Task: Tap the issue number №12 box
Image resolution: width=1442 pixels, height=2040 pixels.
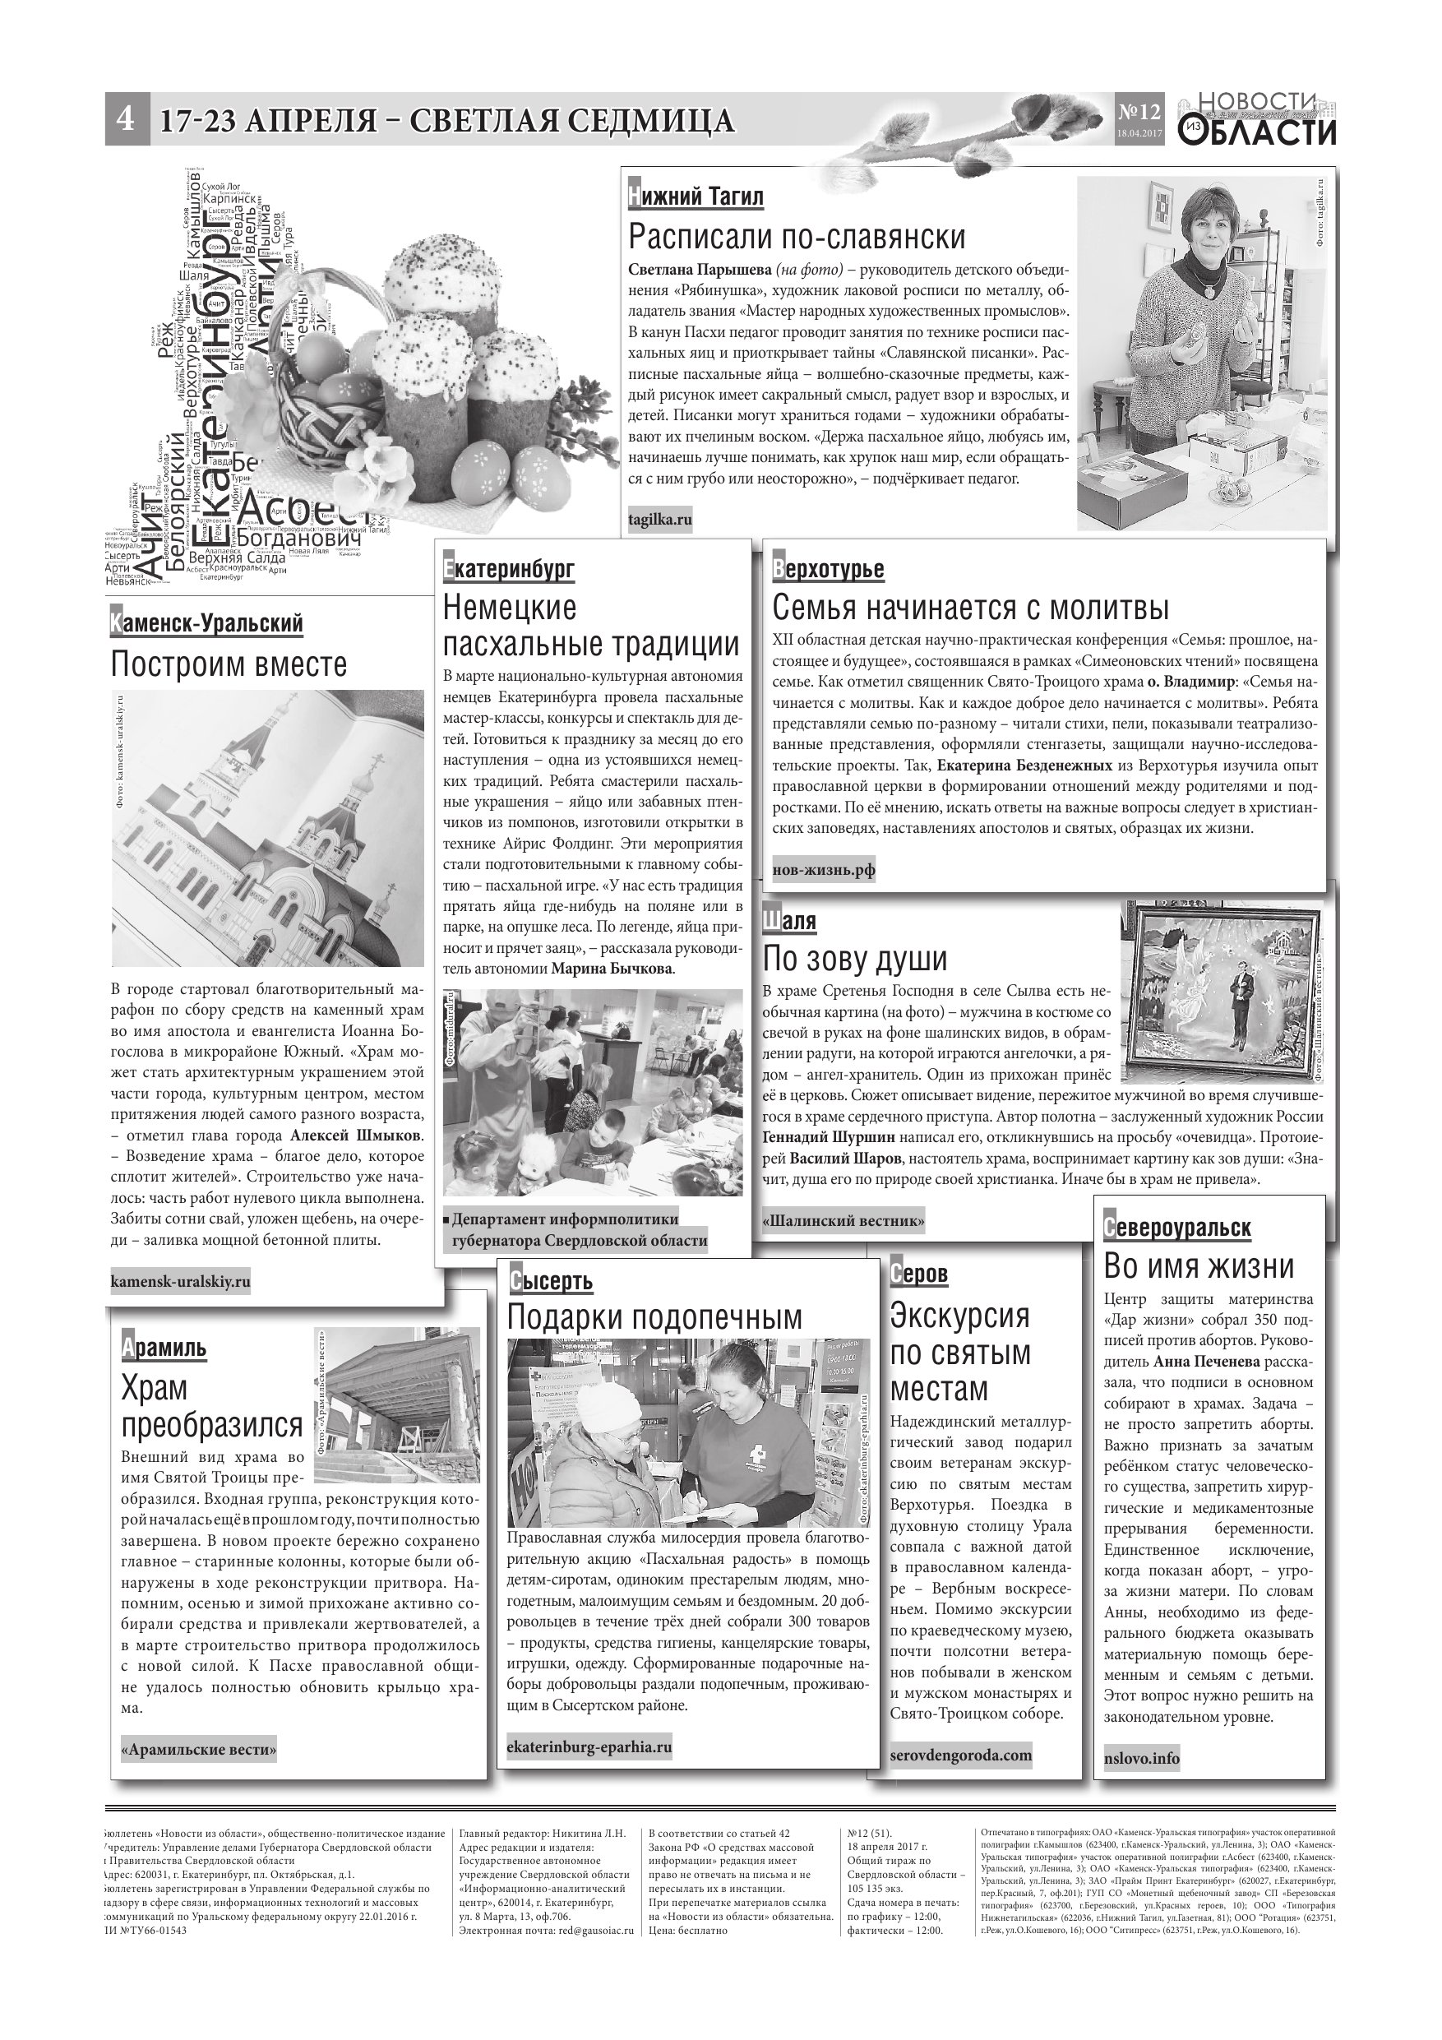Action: [x=1138, y=118]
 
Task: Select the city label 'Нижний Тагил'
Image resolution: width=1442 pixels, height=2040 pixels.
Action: [x=696, y=197]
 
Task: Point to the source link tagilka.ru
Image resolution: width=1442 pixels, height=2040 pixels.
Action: [x=659, y=520]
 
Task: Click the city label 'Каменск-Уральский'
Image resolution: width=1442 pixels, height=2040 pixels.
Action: [x=206, y=624]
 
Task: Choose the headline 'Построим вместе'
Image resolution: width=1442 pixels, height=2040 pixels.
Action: [x=229, y=664]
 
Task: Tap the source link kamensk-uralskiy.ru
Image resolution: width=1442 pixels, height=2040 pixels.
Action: [x=180, y=1281]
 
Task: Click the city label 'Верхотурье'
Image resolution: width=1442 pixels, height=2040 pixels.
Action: [x=828, y=569]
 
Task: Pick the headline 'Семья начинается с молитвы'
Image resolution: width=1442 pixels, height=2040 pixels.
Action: [x=970, y=608]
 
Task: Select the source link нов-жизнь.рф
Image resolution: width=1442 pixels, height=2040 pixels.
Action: [x=824, y=870]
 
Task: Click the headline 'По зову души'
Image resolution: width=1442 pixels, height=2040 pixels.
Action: [x=855, y=959]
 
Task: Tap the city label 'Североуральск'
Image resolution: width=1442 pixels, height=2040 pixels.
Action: [x=1176, y=1228]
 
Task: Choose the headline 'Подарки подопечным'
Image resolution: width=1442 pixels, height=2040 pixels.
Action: [x=654, y=1316]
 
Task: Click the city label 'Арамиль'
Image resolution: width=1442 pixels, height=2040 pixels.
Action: [x=164, y=1348]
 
